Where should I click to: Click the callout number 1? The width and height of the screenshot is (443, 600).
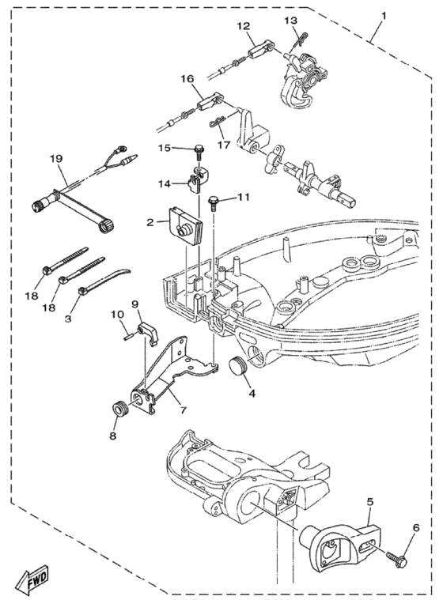click(384, 16)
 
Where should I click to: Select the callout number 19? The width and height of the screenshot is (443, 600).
click(55, 158)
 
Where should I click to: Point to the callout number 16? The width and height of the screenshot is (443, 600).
click(187, 79)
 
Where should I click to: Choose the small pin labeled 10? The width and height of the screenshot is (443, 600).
click(127, 332)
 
